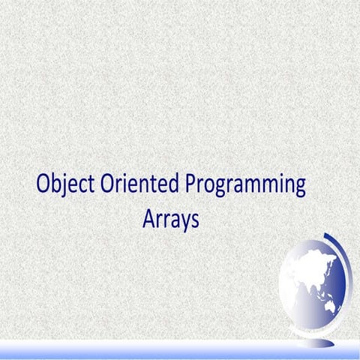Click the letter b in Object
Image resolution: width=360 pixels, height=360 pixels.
click(x=57, y=184)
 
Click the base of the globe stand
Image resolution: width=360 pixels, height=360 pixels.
click(x=315, y=337)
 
